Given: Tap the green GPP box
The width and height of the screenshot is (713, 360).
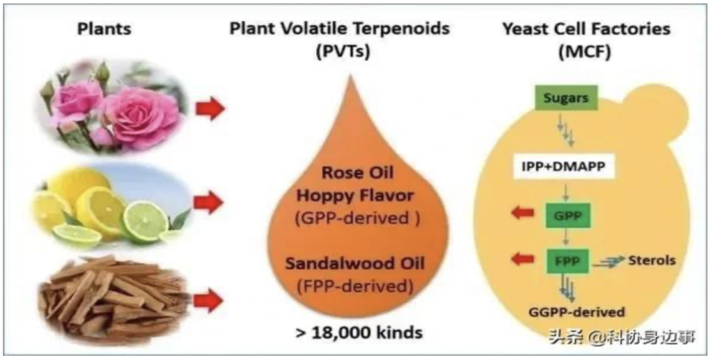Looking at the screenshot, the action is (x=567, y=214).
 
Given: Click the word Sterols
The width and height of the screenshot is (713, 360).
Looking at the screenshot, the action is (x=652, y=260).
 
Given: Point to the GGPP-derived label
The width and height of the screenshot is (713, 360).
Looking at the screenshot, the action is (x=576, y=312).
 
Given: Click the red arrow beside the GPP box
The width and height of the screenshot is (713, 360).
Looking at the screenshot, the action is (x=522, y=212).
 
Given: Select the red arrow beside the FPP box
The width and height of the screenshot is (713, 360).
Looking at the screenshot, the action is (x=522, y=258).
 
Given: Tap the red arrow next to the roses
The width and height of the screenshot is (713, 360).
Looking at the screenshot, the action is (x=210, y=109).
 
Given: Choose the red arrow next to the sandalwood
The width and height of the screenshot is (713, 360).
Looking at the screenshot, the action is (x=208, y=302).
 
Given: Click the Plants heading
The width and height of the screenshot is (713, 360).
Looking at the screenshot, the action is (x=104, y=29).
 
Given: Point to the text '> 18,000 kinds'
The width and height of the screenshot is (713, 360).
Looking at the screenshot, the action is (x=359, y=332).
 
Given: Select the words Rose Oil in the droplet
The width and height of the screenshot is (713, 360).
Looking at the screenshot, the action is (x=357, y=173).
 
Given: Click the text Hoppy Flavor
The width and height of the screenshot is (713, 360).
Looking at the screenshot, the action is (x=355, y=196).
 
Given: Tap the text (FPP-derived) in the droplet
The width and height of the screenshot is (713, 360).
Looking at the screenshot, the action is (x=354, y=286).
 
